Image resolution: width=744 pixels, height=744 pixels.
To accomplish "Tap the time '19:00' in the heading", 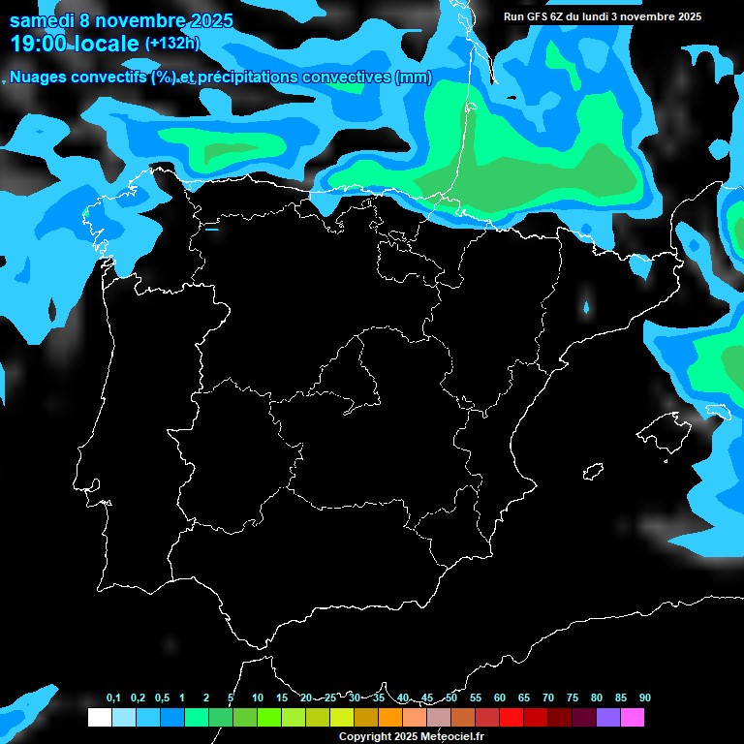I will [x=40, y=44].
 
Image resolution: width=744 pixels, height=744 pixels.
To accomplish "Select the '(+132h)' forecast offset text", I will [x=171, y=44].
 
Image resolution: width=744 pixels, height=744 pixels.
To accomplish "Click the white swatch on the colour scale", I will [x=99, y=718].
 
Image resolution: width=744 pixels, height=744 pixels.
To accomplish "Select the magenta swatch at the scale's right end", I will [x=633, y=718].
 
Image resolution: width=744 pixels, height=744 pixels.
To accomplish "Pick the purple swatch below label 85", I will [x=607, y=718].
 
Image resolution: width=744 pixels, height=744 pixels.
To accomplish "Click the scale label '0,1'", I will [x=113, y=698].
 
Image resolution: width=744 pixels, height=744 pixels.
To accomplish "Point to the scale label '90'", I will [x=645, y=698].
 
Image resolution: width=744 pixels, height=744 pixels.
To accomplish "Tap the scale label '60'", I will [x=500, y=698].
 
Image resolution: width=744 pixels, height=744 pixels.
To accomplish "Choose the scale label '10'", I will [x=258, y=698].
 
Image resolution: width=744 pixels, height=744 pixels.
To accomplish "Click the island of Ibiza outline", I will [x=590, y=472].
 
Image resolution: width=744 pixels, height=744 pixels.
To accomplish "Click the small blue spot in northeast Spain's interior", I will [x=586, y=309].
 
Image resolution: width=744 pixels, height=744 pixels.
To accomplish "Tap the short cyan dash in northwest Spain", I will [x=211, y=230].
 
